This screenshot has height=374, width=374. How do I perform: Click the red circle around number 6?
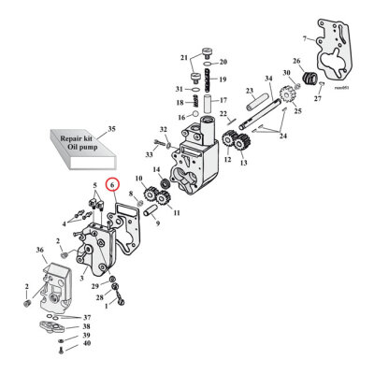pyautogui.click(x=112, y=185)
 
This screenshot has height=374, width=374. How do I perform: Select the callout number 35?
pyautogui.click(x=111, y=127)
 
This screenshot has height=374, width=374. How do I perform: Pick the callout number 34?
pyautogui.click(x=267, y=79)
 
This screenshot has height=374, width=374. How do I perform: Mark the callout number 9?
pyautogui.click(x=157, y=223)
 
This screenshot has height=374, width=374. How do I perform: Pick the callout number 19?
pyautogui.click(x=223, y=79)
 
